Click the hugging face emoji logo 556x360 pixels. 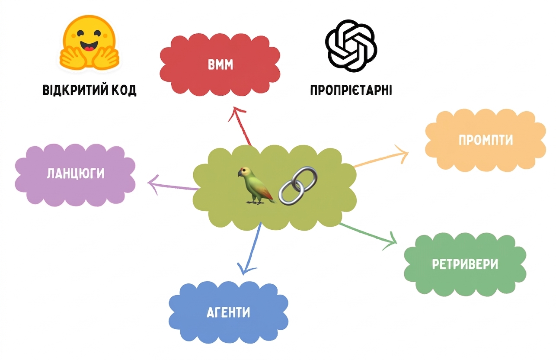[x=89, y=42]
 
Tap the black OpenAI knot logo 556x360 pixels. [x=351, y=46]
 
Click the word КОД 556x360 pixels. [x=124, y=90]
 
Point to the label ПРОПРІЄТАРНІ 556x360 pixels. [x=351, y=90]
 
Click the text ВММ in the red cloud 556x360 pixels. [x=220, y=64]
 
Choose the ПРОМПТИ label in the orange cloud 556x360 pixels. [x=486, y=140]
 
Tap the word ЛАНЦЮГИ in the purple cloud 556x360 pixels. [x=76, y=174]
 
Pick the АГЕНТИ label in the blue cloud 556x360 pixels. [x=228, y=312]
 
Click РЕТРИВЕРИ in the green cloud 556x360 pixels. [x=465, y=264]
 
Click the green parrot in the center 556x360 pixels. [x=256, y=186]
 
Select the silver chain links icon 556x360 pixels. [x=298, y=186]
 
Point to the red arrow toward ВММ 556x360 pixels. [x=240, y=126]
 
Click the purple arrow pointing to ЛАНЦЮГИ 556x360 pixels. [x=173, y=186]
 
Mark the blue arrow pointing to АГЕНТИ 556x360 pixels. [x=251, y=248]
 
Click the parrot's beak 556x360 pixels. [x=240, y=174]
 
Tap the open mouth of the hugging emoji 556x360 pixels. [x=89, y=46]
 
